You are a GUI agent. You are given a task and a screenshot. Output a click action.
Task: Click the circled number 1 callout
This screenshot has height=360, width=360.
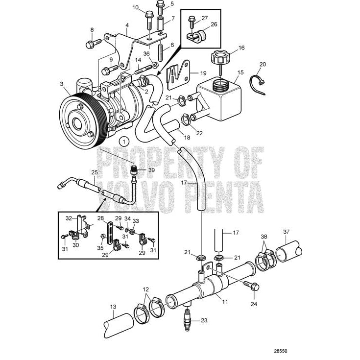coord(124,141)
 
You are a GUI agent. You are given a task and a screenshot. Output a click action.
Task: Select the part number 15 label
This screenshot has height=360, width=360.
coord(240,72)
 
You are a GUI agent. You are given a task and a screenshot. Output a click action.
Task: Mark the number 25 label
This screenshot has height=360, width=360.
coord(95,172)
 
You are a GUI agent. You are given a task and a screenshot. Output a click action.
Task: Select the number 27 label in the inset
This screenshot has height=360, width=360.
coord(204,18)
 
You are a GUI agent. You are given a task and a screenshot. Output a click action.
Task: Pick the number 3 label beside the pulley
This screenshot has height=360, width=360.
coord(62,84)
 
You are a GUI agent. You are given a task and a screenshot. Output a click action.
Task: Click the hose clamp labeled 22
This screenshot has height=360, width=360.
coord(186,119)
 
